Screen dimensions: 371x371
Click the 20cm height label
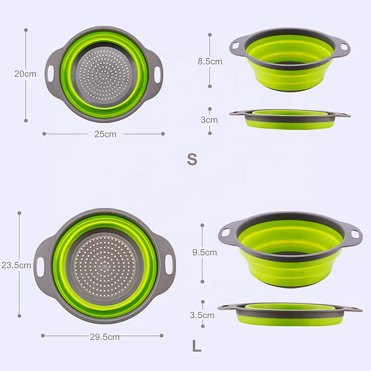[25, 74]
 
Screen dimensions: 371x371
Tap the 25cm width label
[105, 134]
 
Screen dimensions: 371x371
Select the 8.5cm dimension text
[210, 61]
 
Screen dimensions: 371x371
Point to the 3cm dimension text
[209, 120]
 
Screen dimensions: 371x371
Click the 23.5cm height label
[16, 265]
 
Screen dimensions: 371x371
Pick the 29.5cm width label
[104, 337]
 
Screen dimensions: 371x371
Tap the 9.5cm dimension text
[204, 252]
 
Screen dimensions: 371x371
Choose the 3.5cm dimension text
[202, 315]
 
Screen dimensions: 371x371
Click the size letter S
[192, 159]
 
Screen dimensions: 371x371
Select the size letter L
[197, 346]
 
